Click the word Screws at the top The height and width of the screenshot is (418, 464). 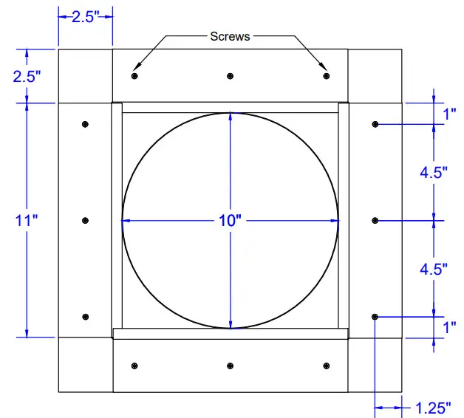[230, 36]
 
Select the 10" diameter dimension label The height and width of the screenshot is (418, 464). [231, 220]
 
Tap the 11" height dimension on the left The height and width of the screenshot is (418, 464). [26, 220]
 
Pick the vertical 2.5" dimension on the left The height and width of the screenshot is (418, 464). [27, 76]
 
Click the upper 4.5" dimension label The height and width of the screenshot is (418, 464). [434, 173]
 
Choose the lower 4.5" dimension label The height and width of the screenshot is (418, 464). [434, 269]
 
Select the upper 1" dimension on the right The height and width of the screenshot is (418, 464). [449, 114]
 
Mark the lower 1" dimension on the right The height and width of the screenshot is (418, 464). [449, 326]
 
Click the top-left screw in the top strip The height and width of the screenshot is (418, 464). [134, 76]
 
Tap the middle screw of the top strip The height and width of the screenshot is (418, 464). [231, 76]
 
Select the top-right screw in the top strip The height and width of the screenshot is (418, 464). [326, 76]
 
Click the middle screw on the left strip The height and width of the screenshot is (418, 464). [86, 220]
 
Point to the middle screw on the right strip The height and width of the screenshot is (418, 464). [375, 220]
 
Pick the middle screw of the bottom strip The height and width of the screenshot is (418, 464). [231, 365]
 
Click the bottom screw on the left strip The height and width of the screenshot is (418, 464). [86, 317]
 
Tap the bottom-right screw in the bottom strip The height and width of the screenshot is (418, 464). [326, 365]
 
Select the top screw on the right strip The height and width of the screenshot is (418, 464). [375, 124]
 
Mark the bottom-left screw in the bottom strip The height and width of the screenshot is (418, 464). [134, 365]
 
